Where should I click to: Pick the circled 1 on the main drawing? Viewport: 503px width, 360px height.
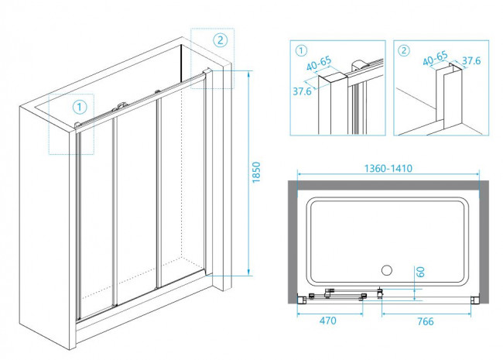[78, 106]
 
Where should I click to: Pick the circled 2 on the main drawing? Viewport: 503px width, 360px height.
[220, 40]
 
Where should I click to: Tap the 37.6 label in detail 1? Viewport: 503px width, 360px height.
[302, 90]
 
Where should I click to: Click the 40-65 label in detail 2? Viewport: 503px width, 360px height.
[433, 57]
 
